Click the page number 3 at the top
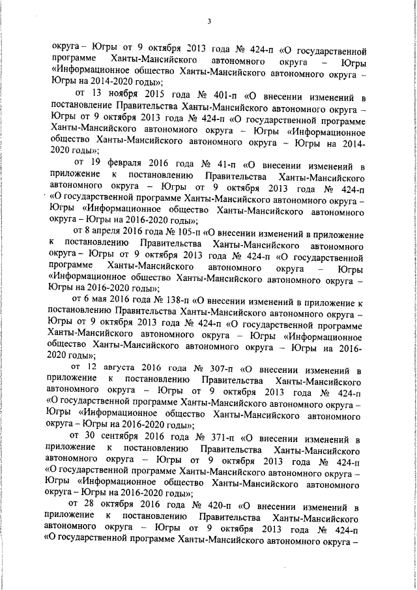click(x=208, y=22)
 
